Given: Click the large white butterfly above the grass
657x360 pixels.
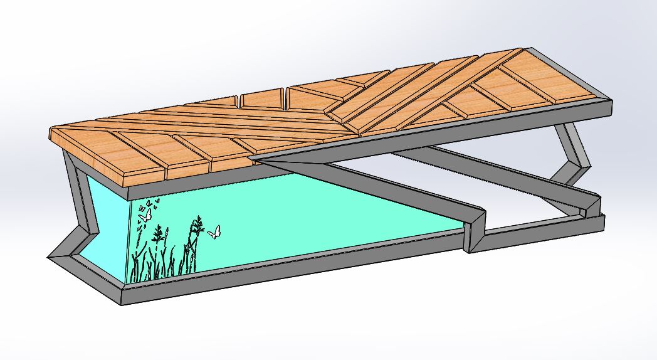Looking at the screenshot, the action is click(x=145, y=214).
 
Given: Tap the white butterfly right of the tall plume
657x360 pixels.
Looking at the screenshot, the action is click(x=214, y=232).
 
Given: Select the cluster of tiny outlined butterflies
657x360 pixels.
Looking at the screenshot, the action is click(x=149, y=203).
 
